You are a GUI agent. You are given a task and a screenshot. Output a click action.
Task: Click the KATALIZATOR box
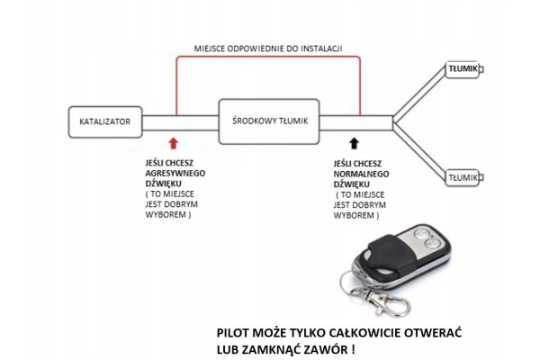coord(105,122)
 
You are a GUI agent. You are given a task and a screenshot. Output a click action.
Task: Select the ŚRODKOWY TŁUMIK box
coord(269,121)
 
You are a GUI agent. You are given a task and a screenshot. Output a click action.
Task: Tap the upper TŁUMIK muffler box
coord(463,69)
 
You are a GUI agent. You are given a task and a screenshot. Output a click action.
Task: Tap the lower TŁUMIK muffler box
coord(463,178)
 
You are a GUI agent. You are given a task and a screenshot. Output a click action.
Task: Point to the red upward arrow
coord(174,143)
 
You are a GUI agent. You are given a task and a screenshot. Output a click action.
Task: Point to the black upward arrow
coord(354,143)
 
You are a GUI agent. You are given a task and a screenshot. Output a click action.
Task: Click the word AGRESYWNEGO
coord(175,174)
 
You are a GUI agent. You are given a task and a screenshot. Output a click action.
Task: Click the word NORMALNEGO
coord(361,174)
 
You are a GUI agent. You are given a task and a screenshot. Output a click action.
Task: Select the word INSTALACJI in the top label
coord(321,49)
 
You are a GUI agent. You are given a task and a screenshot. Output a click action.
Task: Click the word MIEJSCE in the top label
coord(210,49)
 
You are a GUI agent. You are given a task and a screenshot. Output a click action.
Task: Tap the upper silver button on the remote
coord(421,233)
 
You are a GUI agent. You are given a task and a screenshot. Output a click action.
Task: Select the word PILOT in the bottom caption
coord(232,333)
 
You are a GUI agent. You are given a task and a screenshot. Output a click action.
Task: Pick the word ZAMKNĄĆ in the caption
coord(272,350)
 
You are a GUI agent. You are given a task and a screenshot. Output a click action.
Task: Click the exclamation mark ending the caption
coord(354,350)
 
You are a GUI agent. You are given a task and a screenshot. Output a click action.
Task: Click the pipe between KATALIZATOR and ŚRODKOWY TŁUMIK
coord(181,123)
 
